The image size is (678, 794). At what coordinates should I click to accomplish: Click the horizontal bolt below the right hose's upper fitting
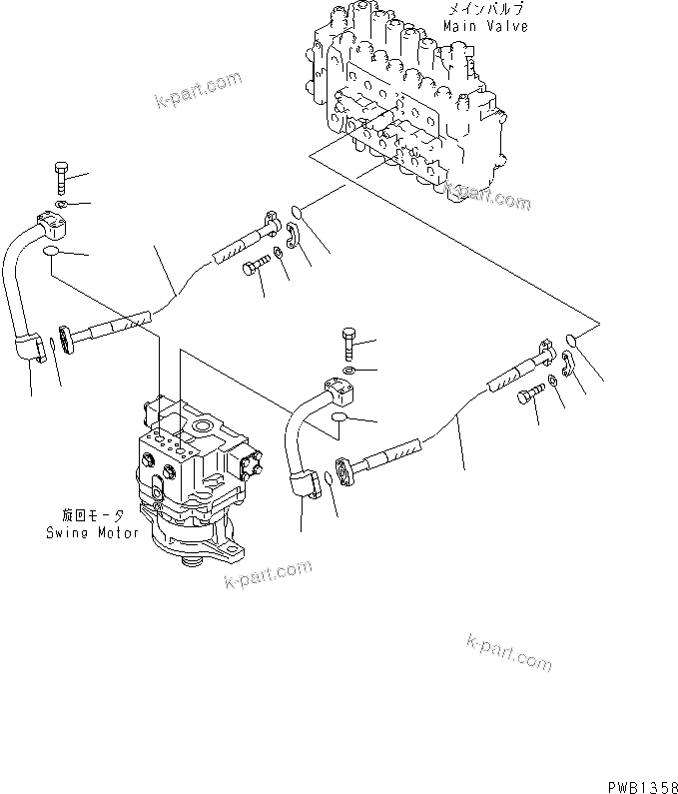click(x=529, y=397)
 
